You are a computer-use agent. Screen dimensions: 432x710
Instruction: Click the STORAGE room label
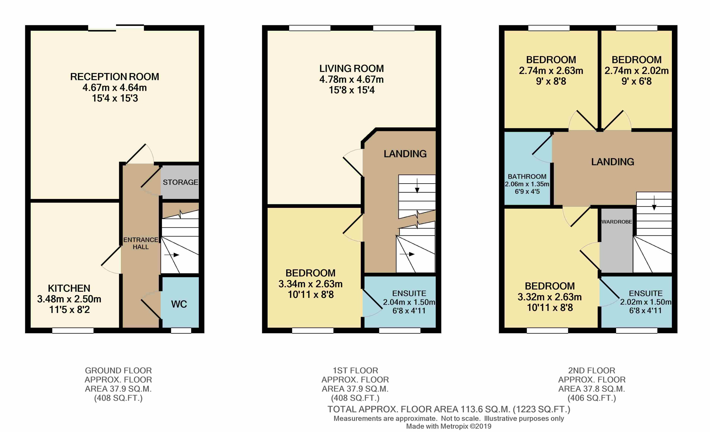180,182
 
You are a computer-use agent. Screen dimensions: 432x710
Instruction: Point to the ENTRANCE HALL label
141,243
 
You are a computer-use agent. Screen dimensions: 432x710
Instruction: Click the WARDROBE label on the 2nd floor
617,222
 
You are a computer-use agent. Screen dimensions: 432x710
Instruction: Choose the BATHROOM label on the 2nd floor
527,177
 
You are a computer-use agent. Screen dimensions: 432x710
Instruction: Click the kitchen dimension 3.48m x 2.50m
69,299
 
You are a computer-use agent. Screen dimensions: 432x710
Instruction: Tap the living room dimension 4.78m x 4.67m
351,79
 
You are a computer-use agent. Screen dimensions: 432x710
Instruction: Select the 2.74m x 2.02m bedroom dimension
637,71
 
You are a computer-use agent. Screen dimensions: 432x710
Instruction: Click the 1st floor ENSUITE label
409,293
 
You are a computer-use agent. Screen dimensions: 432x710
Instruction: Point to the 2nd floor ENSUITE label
646,293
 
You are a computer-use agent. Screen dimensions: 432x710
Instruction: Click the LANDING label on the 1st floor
405,154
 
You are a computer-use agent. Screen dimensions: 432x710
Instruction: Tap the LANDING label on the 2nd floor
613,162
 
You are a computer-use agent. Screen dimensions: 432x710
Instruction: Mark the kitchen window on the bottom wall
73,330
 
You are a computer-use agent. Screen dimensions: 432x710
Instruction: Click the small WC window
181,330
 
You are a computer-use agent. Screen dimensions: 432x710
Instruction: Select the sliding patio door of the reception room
116,28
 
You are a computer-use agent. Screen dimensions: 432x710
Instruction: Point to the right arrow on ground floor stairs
172,255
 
